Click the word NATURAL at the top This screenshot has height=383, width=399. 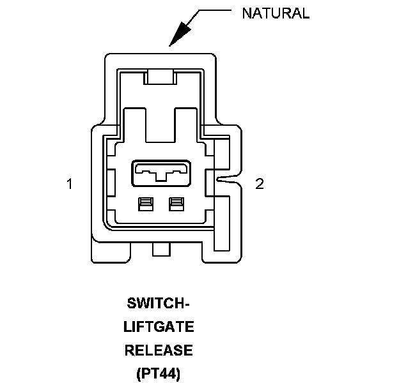point(275,13)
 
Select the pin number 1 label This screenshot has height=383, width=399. point(68,184)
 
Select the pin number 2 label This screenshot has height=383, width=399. point(259,184)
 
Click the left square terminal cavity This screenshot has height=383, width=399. point(145,204)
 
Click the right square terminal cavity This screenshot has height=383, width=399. point(175,204)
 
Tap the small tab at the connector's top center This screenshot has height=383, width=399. point(160,78)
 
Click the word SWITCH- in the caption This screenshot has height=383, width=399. point(159,304)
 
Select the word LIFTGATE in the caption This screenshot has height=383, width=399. point(159,327)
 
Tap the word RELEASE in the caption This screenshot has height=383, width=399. point(159,350)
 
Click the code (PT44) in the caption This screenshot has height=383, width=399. point(159,373)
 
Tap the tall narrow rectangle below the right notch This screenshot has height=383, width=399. point(221,223)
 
